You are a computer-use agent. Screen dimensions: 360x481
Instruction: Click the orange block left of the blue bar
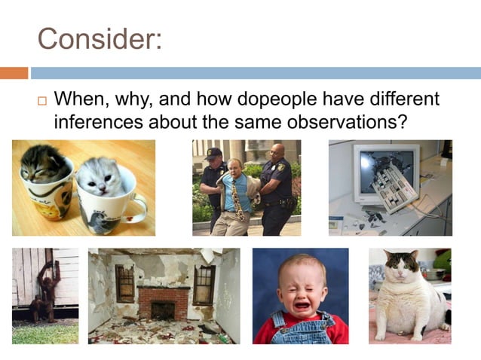click(14, 73)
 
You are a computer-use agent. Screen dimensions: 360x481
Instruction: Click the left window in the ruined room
click(124, 283)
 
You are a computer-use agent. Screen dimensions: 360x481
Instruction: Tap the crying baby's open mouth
click(301, 305)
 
